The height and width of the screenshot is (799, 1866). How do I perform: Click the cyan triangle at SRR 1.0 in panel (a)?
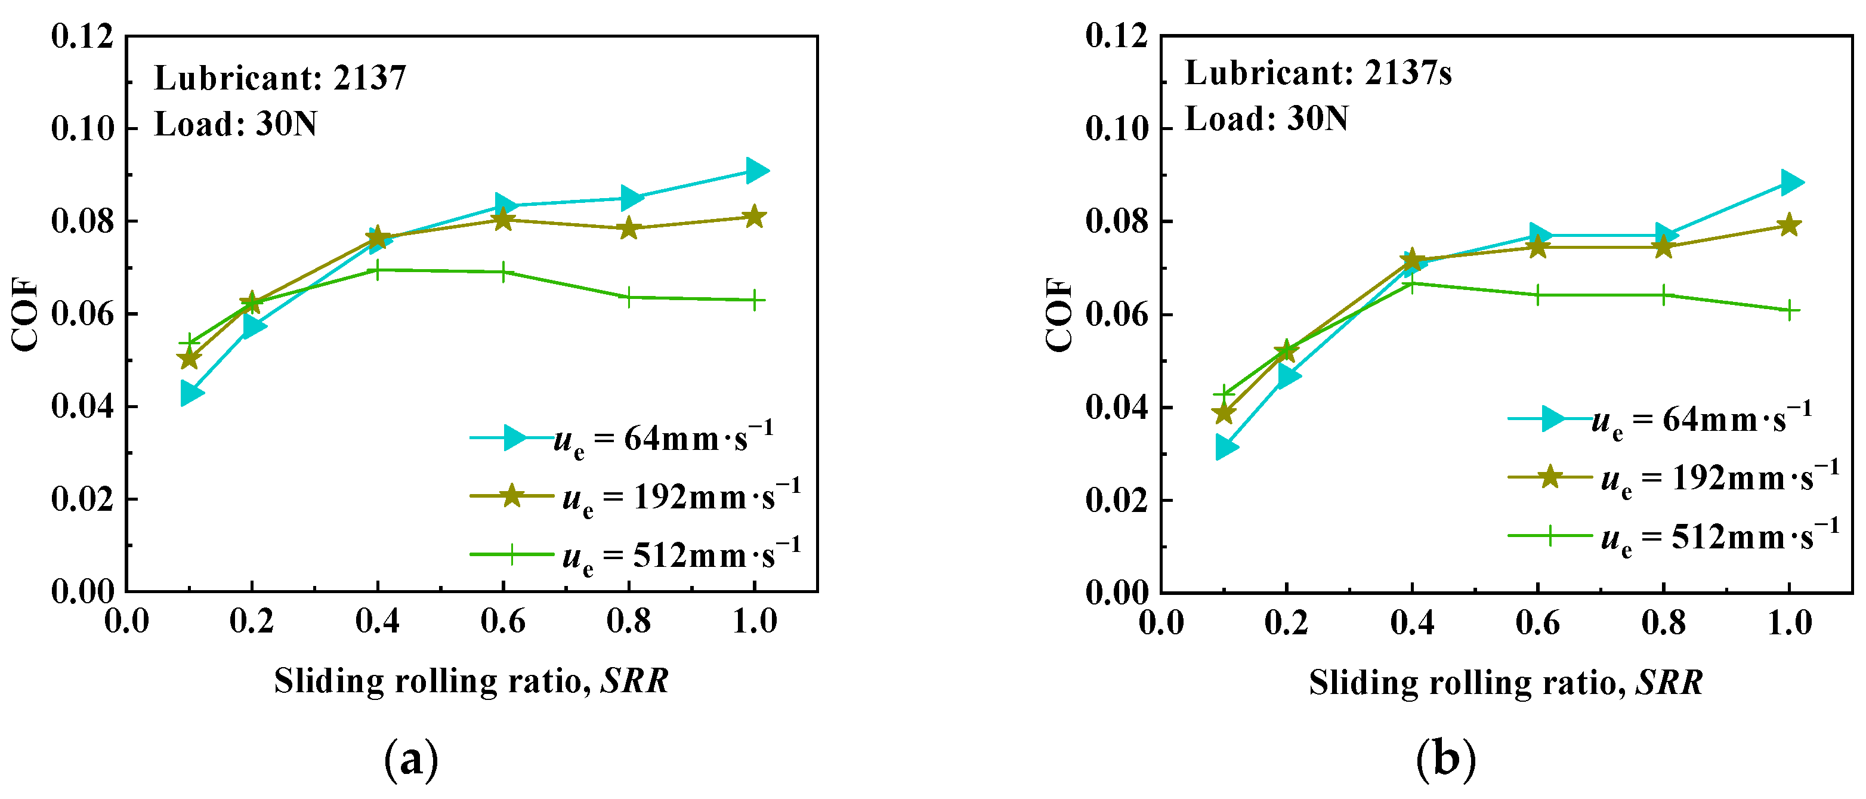tap(755, 171)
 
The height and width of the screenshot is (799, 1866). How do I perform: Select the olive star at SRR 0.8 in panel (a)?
tap(629, 228)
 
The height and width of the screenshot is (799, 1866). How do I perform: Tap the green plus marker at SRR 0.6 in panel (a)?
tap(503, 272)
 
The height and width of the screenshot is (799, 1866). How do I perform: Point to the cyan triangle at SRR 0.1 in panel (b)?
tap(1225, 448)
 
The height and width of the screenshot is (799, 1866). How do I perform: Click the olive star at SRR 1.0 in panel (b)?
tap(1789, 226)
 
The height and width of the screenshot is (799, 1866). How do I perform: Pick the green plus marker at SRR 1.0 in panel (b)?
tap(1789, 311)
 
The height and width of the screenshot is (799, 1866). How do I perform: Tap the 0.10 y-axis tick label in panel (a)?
tap(82, 129)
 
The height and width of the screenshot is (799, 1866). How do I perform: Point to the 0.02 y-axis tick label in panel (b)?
tap(1117, 501)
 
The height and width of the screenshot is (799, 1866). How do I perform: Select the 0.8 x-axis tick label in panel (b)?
tap(1663, 623)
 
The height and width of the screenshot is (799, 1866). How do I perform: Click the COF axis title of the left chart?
tap(26, 314)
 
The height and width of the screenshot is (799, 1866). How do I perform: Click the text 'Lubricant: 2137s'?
tap(1318, 73)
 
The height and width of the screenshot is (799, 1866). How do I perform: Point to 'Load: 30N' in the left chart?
tap(236, 124)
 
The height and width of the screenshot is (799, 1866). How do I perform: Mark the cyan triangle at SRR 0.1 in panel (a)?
tap(190, 393)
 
